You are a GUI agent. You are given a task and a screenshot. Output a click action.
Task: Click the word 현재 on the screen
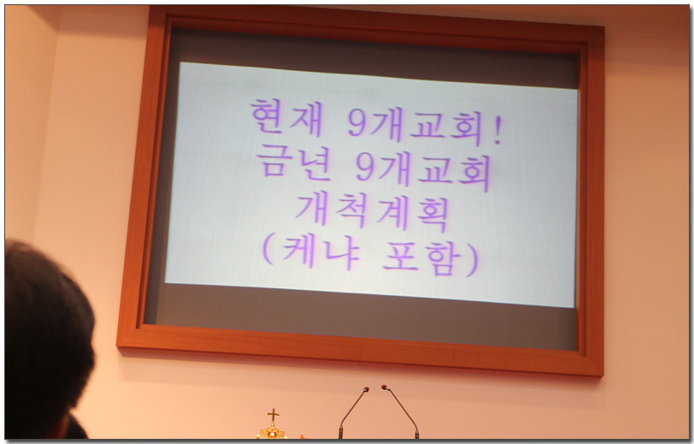coord(286,117)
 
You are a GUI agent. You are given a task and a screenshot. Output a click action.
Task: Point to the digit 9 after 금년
coord(366,168)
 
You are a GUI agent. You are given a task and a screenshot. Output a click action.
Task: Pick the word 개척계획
coord(371,214)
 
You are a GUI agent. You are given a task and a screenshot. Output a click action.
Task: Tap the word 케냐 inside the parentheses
coord(321,252)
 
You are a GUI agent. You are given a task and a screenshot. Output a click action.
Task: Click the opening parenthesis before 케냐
coord(268,250)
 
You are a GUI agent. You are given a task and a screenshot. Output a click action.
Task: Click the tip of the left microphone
coord(367,389)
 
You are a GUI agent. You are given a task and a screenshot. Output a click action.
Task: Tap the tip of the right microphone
coord(385,388)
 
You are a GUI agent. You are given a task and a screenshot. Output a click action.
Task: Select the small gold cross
coord(273,417)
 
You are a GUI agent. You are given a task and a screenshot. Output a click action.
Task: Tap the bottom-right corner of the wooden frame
coord(603,376)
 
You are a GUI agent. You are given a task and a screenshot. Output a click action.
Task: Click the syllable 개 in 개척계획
coord(312,209)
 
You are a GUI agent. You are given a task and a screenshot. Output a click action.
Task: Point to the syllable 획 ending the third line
coord(432,216)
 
